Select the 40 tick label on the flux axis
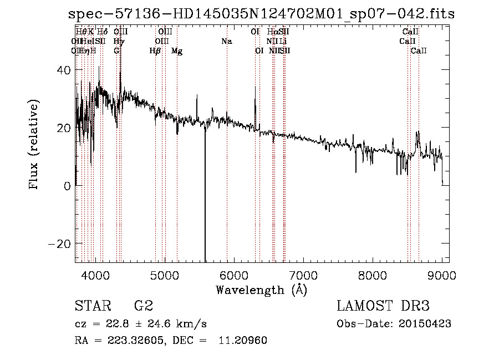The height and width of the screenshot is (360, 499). point(64,70)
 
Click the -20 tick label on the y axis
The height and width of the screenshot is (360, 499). point(59,244)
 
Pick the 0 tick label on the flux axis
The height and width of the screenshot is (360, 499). point(67,186)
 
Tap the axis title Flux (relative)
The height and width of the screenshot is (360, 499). point(34,145)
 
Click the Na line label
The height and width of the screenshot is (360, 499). point(226,42)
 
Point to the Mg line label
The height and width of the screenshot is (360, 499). point(177,51)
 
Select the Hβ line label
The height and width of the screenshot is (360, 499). point(155,51)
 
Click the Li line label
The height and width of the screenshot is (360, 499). point(283,42)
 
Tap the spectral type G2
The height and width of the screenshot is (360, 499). point(144,306)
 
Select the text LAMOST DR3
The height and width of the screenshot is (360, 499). point(383,306)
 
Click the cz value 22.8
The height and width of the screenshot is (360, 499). point(123,324)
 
